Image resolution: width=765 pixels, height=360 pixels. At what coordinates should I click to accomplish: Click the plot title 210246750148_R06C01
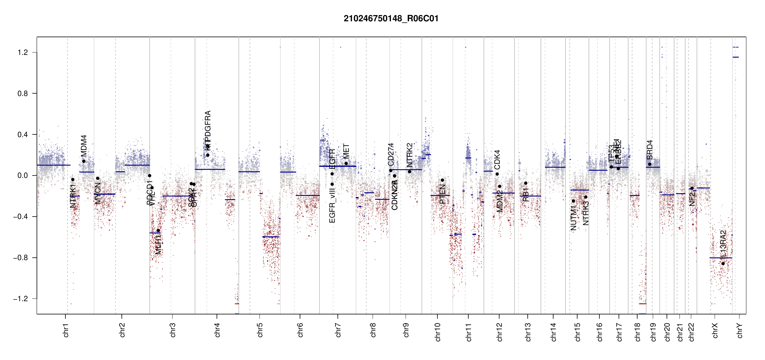[x=391, y=19]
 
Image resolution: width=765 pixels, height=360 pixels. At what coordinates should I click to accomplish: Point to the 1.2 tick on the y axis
[x=22, y=52]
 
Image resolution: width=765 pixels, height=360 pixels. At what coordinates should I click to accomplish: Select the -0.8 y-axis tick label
[x=20, y=258]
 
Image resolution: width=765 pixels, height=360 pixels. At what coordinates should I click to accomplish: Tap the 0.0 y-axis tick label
[x=22, y=175]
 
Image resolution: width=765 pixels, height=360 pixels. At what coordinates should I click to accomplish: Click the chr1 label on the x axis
[x=66, y=330]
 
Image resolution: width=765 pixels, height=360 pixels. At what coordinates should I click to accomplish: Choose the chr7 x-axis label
[x=338, y=330]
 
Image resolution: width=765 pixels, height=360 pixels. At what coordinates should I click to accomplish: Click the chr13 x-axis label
[x=528, y=332]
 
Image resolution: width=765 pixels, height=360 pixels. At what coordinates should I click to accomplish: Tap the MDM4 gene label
[x=84, y=145]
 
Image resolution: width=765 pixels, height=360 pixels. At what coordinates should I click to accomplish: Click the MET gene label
[x=346, y=151]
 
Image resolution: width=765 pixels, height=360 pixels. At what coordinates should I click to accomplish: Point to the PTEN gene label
[x=442, y=194]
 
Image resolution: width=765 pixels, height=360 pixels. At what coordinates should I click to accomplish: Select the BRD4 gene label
[x=650, y=150]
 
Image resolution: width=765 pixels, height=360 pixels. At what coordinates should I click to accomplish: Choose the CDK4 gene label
[x=497, y=160]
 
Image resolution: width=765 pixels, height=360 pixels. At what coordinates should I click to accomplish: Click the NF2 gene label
[x=692, y=199]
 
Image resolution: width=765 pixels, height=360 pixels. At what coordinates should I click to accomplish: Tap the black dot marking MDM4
[x=84, y=161]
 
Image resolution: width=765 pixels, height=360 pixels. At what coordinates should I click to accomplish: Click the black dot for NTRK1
[x=73, y=180]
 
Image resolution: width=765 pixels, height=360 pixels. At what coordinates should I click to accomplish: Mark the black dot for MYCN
[x=97, y=178]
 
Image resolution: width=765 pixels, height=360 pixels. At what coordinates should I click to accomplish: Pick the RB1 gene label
[x=526, y=195]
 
